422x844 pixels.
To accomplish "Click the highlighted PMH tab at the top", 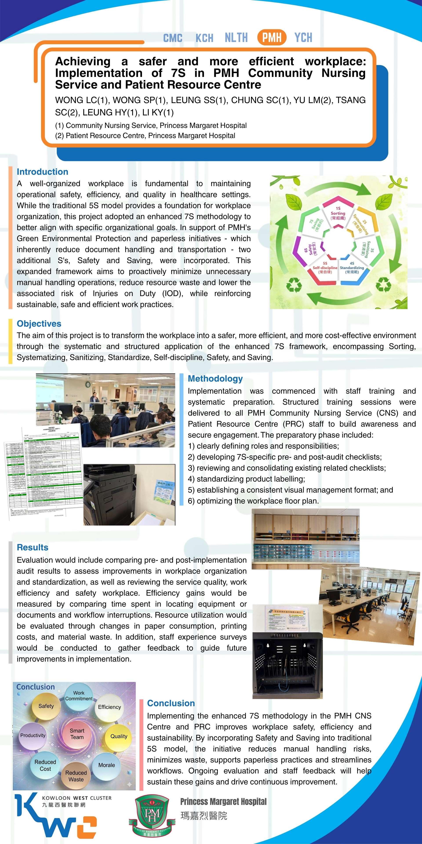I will [272, 37].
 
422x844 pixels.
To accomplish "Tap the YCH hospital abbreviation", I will [303, 37].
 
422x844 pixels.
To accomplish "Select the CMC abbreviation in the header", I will [173, 38].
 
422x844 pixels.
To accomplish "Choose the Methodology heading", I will [215, 378].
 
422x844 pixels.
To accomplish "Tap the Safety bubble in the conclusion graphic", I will [46, 706].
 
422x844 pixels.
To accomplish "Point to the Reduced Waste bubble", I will [76, 776].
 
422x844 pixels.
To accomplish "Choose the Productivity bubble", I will [33, 735].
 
